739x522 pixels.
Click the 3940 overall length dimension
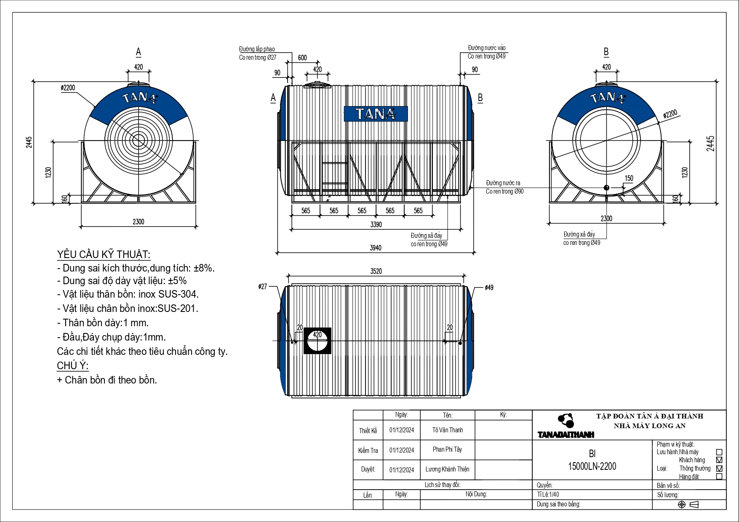coord(376,248)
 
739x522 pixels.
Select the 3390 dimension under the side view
coord(376,225)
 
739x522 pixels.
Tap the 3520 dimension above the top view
coord(376,272)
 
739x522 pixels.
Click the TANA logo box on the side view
coord(376,114)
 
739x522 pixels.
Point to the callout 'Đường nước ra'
coord(503,183)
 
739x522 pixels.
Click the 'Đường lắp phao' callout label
coord(257,49)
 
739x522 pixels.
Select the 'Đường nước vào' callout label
coord(487,48)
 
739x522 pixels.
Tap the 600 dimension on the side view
coord(302,58)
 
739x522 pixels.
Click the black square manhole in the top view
coord(317,341)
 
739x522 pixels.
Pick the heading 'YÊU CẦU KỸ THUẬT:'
coord(104,255)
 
